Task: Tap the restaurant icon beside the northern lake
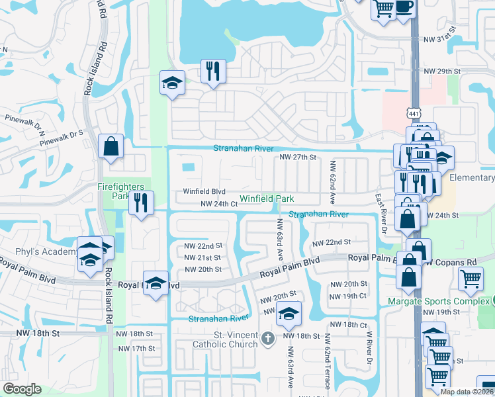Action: click(x=213, y=71)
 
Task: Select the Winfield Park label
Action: click(x=266, y=198)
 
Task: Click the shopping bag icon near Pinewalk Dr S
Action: click(x=111, y=147)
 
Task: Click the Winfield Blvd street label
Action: click(x=204, y=192)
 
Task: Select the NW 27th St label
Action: click(x=298, y=157)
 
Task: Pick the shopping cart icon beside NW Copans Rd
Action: click(x=471, y=279)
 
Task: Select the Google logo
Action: click(x=22, y=388)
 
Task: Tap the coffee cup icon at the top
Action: click(x=404, y=7)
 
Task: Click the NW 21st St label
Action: click(x=203, y=257)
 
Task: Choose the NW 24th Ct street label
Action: click(x=219, y=204)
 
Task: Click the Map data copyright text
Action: click(x=467, y=392)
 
